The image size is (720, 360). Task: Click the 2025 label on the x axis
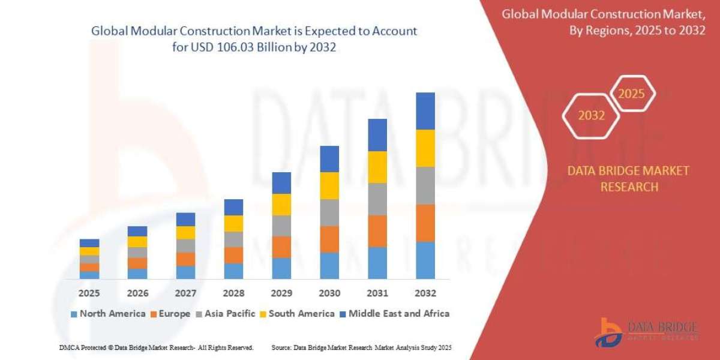pyautogui.click(x=89, y=293)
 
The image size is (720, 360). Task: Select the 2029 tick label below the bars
pyautogui.click(x=281, y=293)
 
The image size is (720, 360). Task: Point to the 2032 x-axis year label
pyautogui.click(x=425, y=293)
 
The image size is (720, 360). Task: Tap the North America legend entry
pyautogui.click(x=108, y=313)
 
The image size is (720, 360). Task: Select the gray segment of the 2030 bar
pyautogui.click(x=329, y=212)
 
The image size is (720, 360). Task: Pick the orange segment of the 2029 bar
pyautogui.click(x=281, y=247)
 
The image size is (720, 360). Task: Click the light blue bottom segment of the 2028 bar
pyautogui.click(x=233, y=271)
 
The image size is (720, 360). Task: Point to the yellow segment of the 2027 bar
pyautogui.click(x=185, y=233)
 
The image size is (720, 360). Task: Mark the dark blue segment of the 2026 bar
pyautogui.click(x=137, y=231)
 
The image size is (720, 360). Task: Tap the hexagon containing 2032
pyautogui.click(x=591, y=115)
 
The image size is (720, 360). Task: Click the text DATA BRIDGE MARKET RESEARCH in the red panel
pyautogui.click(x=628, y=179)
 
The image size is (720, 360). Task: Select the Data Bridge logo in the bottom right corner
pyautogui.click(x=647, y=331)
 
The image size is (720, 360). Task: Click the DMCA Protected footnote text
pyautogui.click(x=156, y=347)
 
